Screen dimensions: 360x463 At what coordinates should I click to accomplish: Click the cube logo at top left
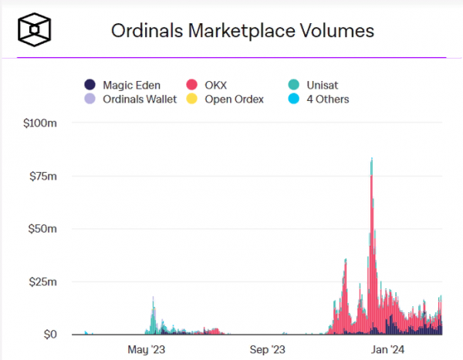[35, 31]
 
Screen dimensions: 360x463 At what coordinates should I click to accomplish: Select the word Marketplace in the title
[246, 31]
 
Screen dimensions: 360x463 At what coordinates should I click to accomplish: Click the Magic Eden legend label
[130, 85]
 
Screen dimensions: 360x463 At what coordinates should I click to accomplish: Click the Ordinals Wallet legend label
[140, 99]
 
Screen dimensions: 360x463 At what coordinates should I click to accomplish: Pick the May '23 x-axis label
[147, 350]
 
